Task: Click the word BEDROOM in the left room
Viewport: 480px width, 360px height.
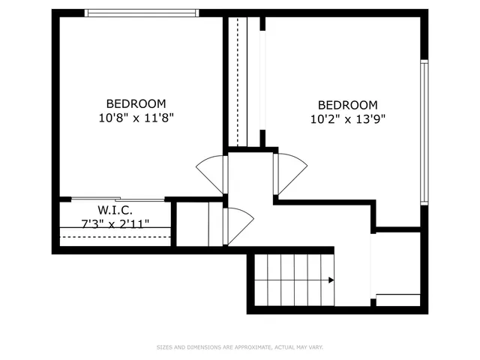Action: [x=136, y=103]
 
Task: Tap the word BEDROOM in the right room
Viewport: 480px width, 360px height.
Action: [x=347, y=105]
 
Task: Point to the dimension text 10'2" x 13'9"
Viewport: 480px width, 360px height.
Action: [x=347, y=118]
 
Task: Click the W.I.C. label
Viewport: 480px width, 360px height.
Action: [x=115, y=210]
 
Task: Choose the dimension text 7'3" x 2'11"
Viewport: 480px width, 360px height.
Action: [x=115, y=223]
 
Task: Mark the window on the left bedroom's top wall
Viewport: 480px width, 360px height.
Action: [x=141, y=13]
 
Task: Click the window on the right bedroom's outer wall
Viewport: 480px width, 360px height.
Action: [x=424, y=133]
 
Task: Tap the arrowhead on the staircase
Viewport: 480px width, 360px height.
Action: [x=331, y=280]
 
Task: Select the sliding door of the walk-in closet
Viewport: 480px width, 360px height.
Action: [x=118, y=199]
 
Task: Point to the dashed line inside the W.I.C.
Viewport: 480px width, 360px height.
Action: [x=115, y=236]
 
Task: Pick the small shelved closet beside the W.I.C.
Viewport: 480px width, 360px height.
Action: [x=199, y=223]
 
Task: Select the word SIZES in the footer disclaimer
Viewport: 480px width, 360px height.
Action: [x=164, y=347]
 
